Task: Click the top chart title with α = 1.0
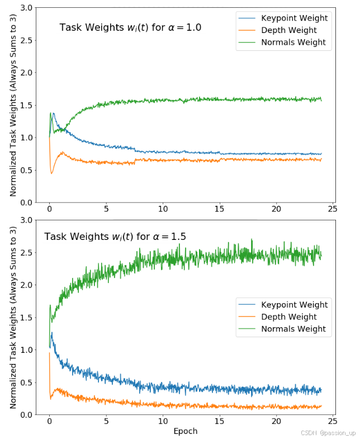130,27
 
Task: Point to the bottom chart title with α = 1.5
115,237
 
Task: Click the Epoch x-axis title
185,431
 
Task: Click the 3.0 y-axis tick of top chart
26,8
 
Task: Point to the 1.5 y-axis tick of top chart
26,105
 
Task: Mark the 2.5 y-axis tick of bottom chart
26,252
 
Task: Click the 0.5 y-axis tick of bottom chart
26,382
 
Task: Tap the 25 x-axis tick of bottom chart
333,421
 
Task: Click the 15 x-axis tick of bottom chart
219,421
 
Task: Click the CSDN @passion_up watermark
328,433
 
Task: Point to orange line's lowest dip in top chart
51,173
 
